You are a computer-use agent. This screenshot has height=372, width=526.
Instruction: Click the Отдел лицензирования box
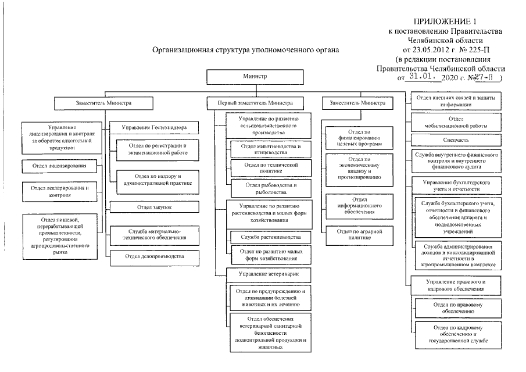pyautogui.click(x=56, y=166)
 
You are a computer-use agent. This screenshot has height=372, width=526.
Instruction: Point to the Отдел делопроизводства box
pyautogui.click(x=155, y=256)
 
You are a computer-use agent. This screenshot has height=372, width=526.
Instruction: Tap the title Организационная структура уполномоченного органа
pyautogui.click(x=245, y=51)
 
